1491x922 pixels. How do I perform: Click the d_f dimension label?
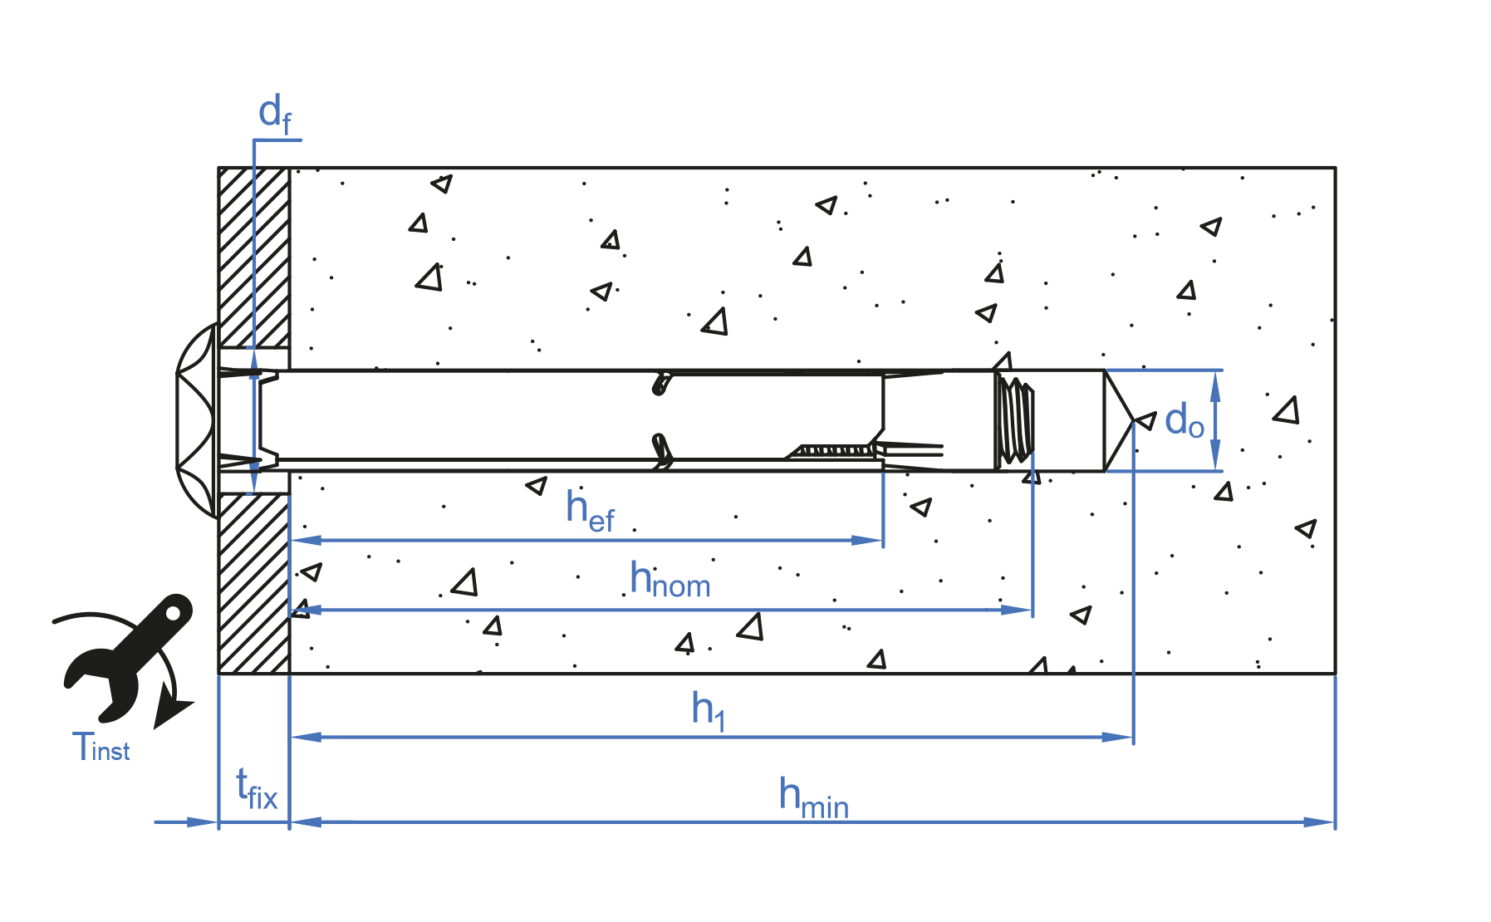pos(274,115)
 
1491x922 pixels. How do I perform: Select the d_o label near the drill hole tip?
pos(1184,421)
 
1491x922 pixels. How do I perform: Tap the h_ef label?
pos(590,508)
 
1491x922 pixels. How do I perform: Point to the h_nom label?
pos(669,580)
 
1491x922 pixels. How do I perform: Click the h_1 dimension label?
pos(709,710)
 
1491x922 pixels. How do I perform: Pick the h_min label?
pos(813,797)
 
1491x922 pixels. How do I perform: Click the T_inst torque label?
pos(101,748)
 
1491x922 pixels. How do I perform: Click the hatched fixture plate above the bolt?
pos(254,257)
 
